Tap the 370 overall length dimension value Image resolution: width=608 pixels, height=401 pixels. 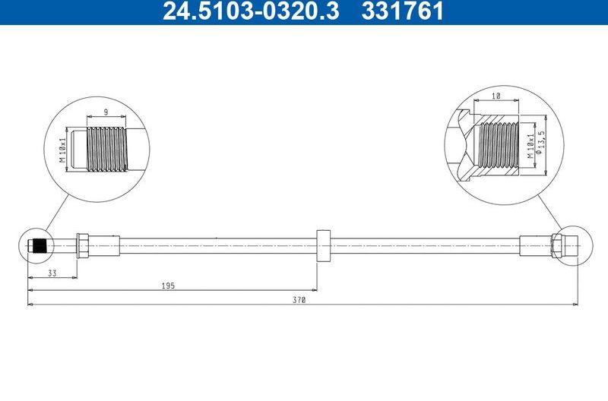point(300,301)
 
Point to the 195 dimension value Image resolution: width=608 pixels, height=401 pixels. point(169,286)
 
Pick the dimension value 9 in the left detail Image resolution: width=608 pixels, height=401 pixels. point(106,112)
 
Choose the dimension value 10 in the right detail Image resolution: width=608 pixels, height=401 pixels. point(496,96)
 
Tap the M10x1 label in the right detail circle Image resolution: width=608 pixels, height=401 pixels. point(527,144)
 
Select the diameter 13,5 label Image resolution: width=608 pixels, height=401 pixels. point(540,143)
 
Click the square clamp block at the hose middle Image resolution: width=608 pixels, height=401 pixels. point(323,245)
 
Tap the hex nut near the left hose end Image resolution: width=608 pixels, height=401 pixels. point(84,245)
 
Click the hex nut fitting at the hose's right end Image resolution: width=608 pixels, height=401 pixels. point(558,245)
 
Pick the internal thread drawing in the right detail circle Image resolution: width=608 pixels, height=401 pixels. point(496,144)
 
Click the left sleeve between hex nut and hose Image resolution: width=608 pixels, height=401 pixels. point(106,245)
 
